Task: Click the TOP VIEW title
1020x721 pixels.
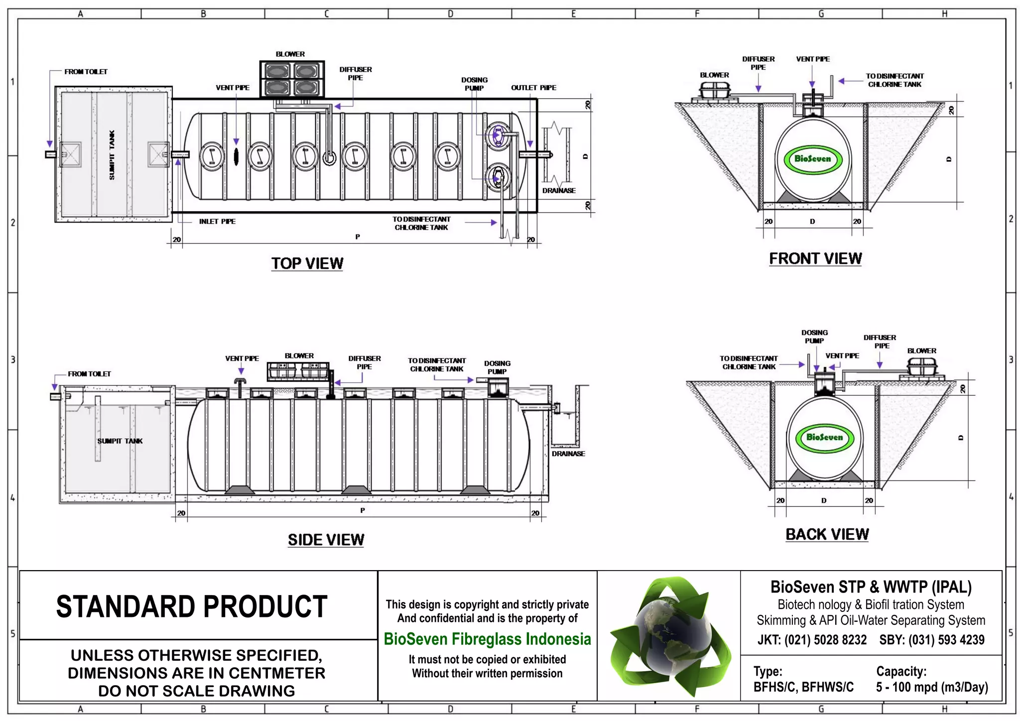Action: point(307,263)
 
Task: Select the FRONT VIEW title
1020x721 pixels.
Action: point(815,258)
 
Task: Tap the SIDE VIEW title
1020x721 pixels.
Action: point(326,540)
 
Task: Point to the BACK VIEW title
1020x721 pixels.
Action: point(827,534)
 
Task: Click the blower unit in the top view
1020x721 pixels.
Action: point(292,79)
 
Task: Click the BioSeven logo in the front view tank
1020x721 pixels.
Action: point(812,159)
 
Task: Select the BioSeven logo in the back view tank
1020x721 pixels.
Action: point(824,437)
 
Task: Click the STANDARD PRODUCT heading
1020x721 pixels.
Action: point(192,606)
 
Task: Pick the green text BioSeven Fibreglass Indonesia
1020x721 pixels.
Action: point(487,639)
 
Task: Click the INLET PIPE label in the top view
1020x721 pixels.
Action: point(217,222)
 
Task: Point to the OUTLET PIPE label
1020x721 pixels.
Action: point(533,88)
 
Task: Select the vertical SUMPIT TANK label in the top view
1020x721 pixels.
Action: point(112,155)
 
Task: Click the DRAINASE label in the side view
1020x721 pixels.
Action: point(568,454)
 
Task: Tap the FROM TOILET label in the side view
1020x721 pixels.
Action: point(89,374)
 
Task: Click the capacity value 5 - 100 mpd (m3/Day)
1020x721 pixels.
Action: point(931,687)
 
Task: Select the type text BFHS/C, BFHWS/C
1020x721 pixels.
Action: point(803,687)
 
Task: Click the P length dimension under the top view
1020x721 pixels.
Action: point(357,237)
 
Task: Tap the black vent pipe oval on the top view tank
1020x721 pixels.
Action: point(236,156)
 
